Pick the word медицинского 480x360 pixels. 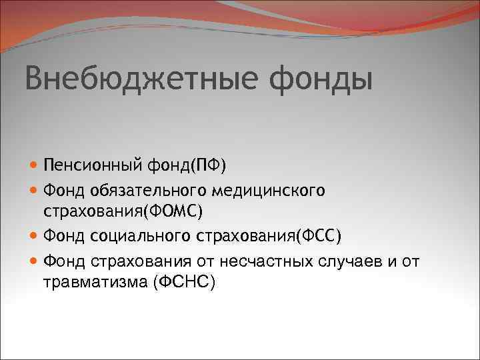(270, 191)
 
